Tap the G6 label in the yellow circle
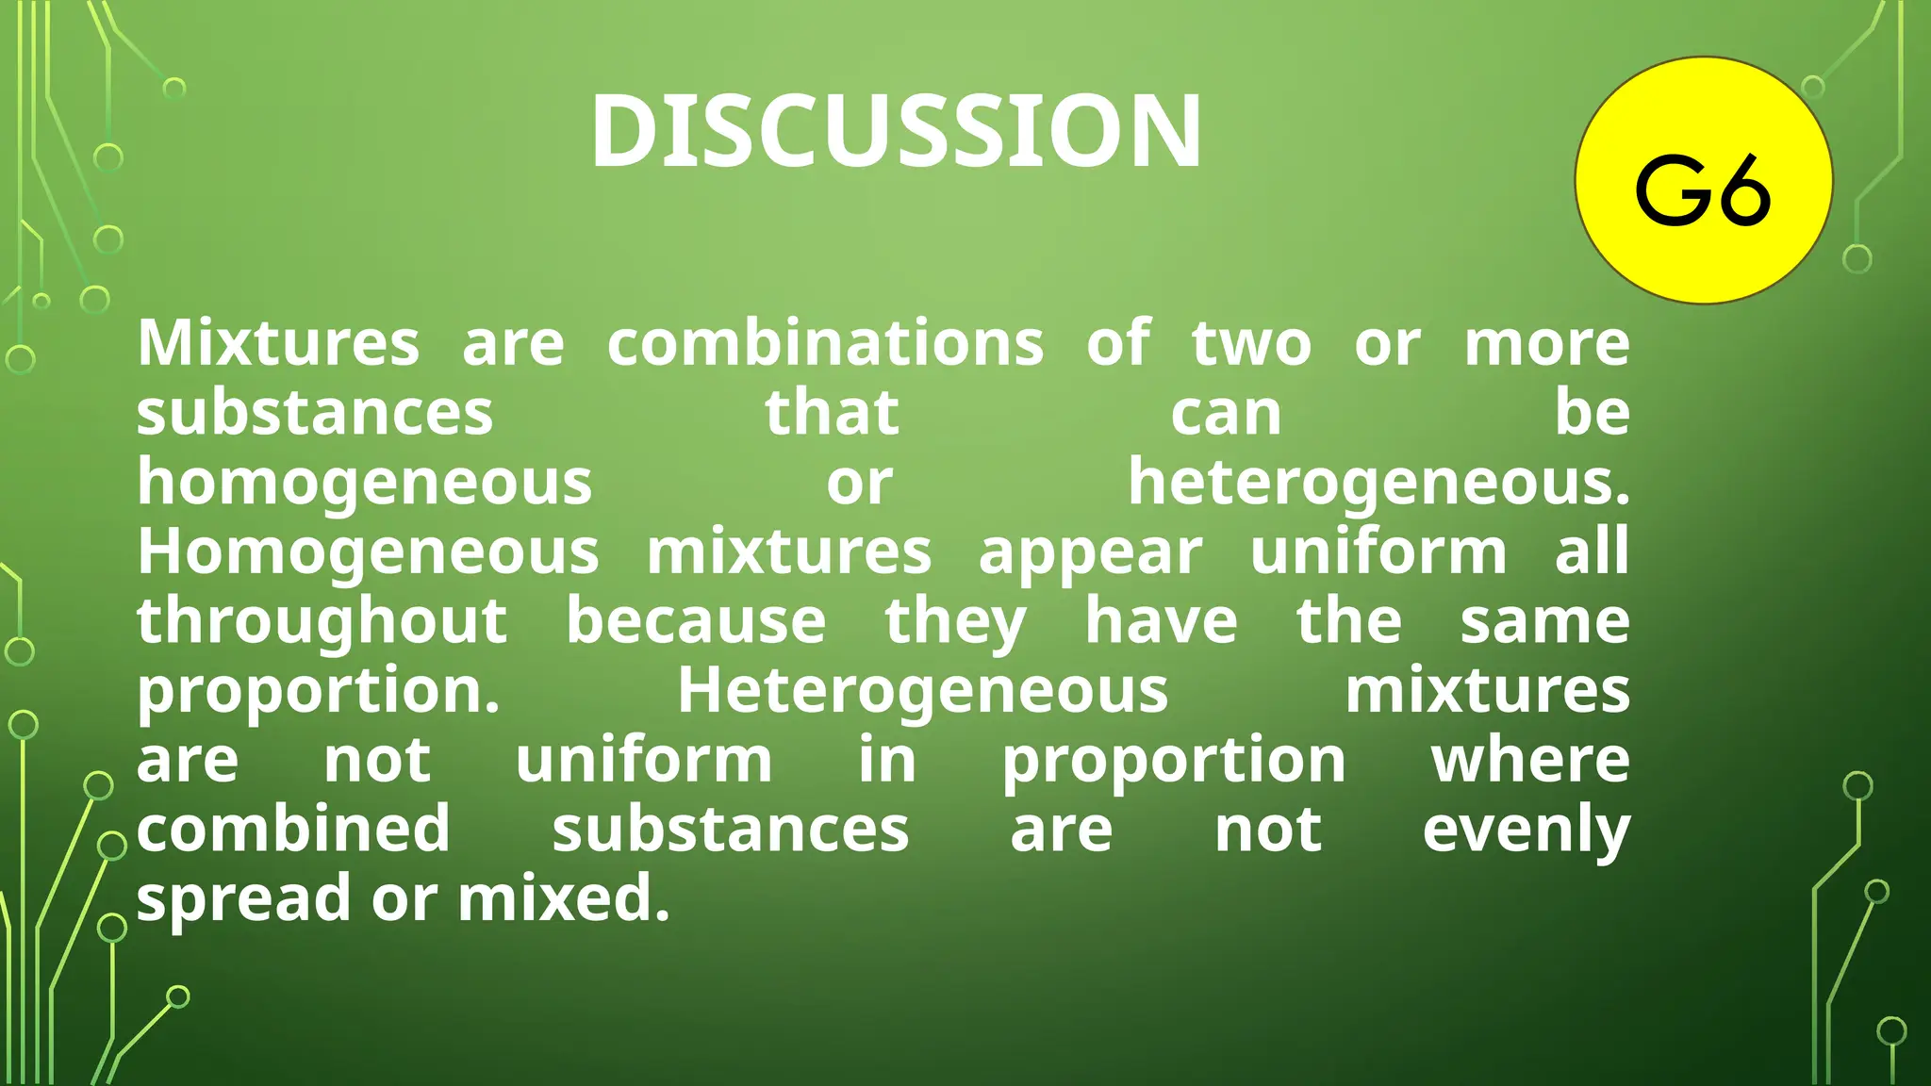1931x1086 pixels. [x=1703, y=190]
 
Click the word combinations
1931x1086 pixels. [x=825, y=343]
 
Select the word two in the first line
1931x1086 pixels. [x=1251, y=343]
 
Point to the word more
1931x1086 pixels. [x=1546, y=343]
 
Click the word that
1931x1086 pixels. [x=832, y=413]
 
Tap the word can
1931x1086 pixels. [x=1226, y=413]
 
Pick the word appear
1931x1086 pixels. [x=1090, y=552]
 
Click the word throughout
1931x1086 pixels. [x=322, y=622]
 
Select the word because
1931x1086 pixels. [x=696, y=622]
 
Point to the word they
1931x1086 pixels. [x=955, y=622]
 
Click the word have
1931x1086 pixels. [x=1161, y=622]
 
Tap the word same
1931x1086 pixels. [x=1544, y=622]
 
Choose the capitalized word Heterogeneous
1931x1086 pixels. [x=922, y=691]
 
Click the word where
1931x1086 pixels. [x=1530, y=761]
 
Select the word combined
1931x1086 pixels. [x=293, y=830]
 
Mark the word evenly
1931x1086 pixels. [x=1526, y=830]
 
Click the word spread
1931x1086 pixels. [x=244, y=898]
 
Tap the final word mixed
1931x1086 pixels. [x=563, y=898]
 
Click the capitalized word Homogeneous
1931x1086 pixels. [x=368, y=552]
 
